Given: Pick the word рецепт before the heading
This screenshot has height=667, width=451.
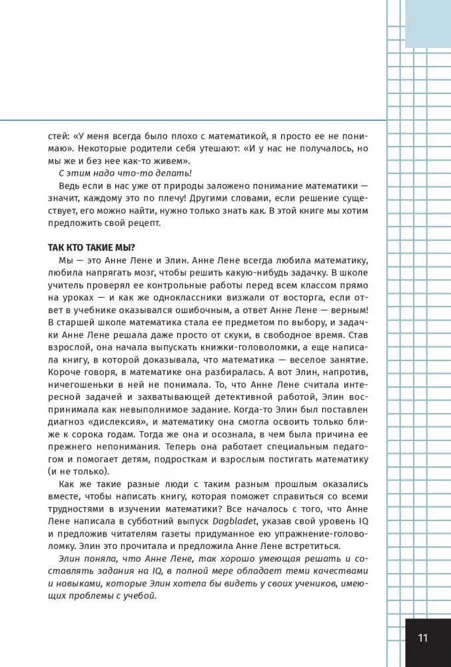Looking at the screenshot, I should click(x=140, y=223).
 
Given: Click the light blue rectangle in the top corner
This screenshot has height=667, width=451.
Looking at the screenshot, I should click(x=428, y=23).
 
